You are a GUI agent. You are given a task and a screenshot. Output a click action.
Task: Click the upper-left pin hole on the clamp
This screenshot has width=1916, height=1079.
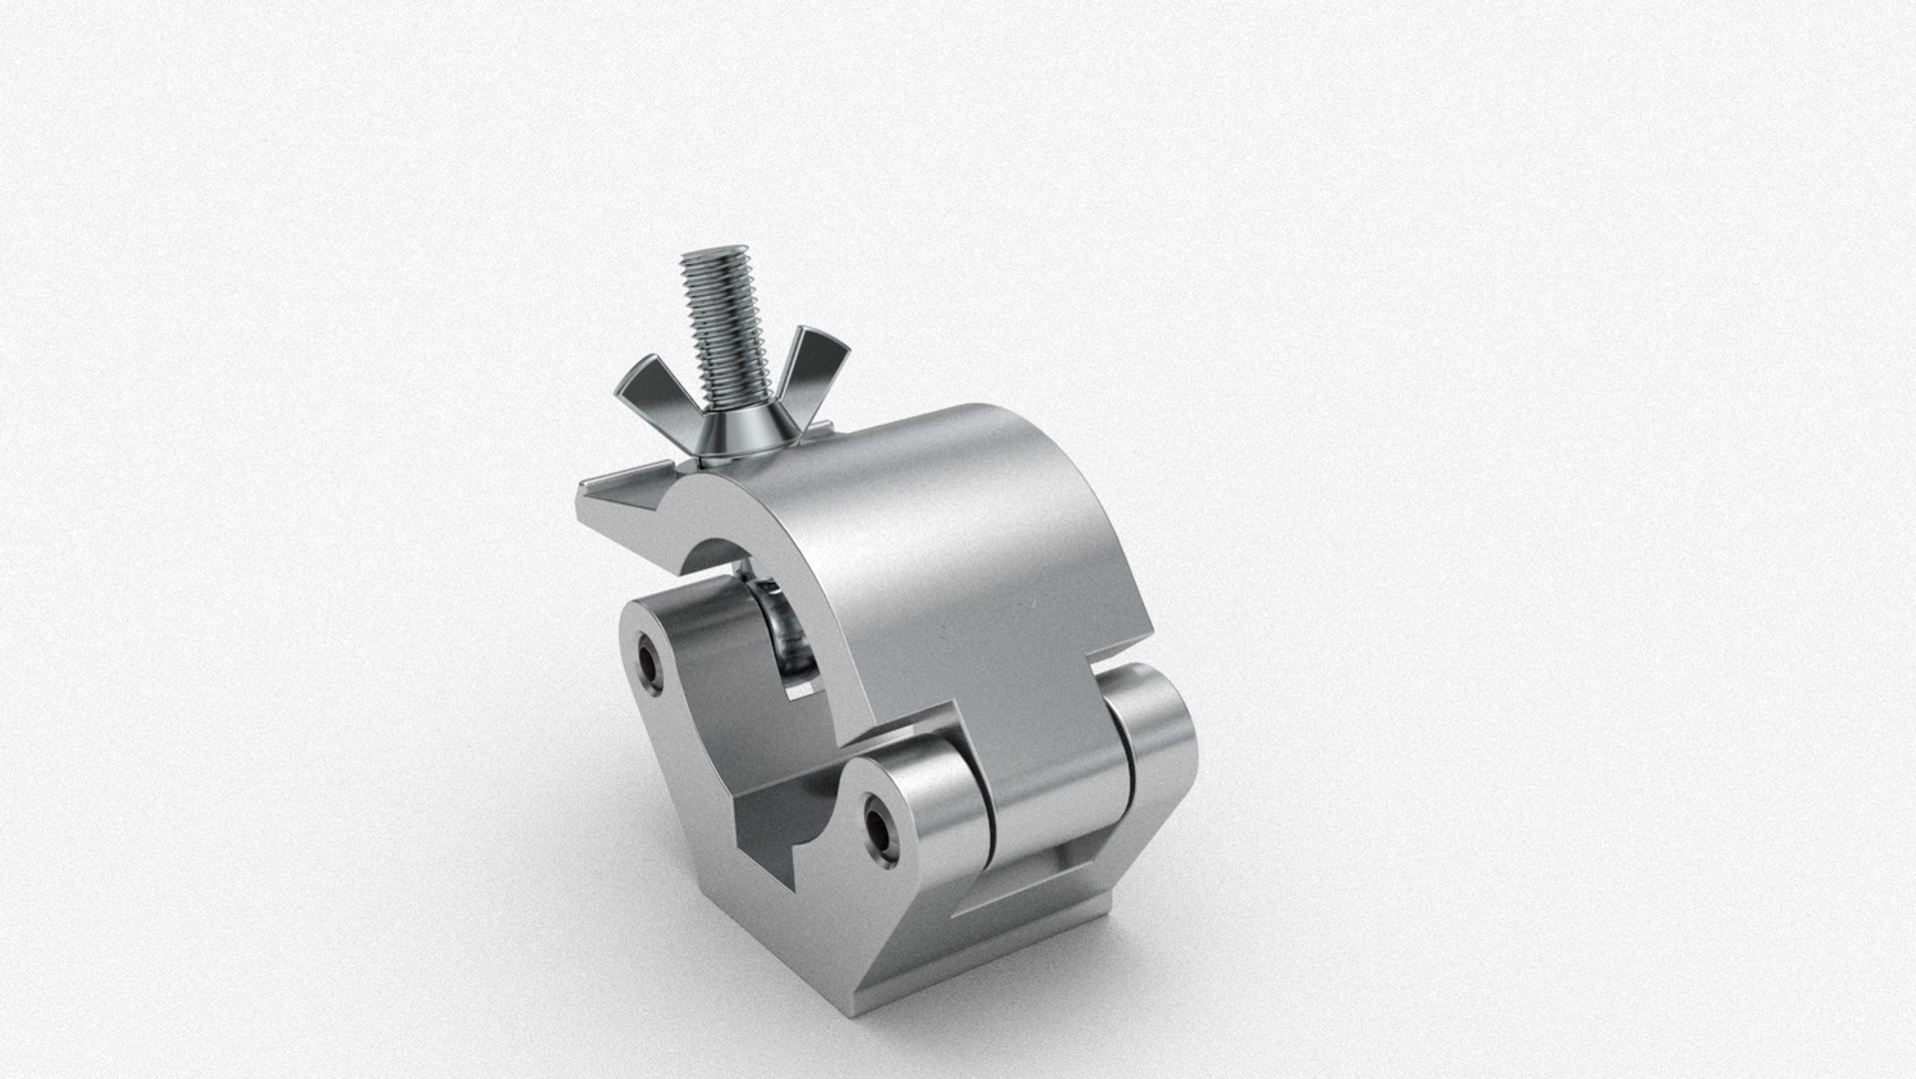pyautogui.click(x=651, y=661)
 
